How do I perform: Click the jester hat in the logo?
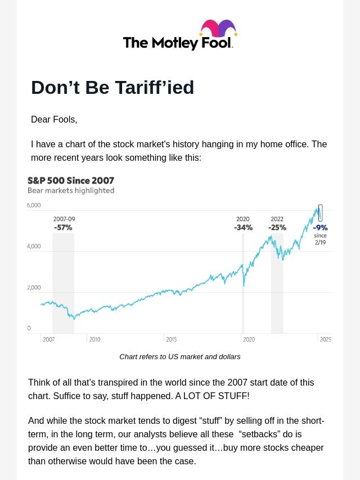[218, 29]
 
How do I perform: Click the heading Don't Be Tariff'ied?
[112, 88]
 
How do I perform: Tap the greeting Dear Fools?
[54, 120]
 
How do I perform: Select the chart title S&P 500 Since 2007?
[71, 180]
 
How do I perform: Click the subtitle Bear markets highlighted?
[71, 191]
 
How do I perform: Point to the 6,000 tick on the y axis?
[34, 206]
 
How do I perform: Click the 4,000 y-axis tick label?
[34, 247]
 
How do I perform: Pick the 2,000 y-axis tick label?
[34, 288]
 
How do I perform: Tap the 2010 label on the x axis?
[94, 339]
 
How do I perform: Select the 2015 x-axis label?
[172, 339]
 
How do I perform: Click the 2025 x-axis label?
[325, 339]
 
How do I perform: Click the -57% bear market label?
[63, 228]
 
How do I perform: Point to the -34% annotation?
[243, 228]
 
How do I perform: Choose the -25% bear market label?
[277, 228]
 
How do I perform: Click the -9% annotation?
[320, 228]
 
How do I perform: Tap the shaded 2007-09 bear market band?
[63, 281]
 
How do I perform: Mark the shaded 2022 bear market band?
[277, 292]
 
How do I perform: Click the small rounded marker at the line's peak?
[321, 212]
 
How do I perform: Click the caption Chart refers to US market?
[179, 357]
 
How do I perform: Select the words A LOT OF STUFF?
[212, 396]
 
